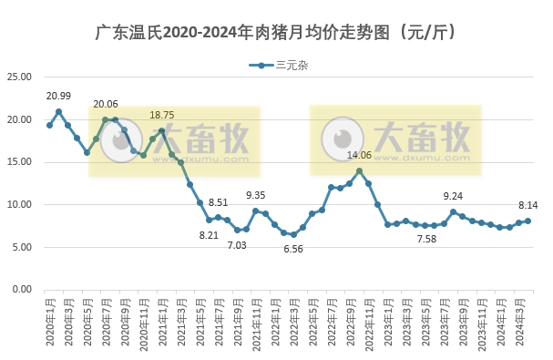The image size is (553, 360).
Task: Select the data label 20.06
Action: [106, 105]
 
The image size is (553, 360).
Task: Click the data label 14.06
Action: [360, 156]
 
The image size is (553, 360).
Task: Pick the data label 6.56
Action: [293, 249]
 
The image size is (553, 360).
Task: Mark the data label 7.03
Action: [237, 245]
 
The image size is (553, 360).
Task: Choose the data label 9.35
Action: [256, 195]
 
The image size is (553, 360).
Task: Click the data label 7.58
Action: [425, 239]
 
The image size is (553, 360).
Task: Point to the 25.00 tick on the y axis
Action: [21, 77]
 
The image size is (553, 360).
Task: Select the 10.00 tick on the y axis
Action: [21, 204]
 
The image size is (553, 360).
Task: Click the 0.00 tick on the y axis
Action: [24, 289]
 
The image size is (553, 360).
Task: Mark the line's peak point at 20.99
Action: [58, 112]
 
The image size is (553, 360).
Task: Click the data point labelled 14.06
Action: [359, 170]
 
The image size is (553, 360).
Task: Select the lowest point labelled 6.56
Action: [293, 234]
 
